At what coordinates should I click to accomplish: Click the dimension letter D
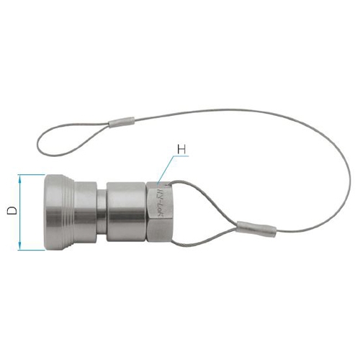[10, 212]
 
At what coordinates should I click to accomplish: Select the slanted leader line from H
[165, 170]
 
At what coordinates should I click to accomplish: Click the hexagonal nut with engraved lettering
[159, 212]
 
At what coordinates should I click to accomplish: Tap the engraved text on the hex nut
[161, 211]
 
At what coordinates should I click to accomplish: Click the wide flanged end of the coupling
[61, 212]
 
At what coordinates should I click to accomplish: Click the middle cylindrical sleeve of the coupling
[126, 212]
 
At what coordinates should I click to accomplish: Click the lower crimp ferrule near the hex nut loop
[256, 228]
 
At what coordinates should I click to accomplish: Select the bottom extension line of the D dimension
[32, 251]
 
